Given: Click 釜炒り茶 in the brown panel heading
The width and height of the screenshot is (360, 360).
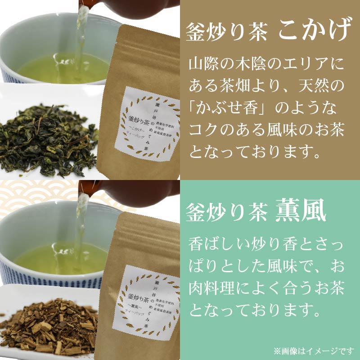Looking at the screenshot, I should point(228,32).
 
